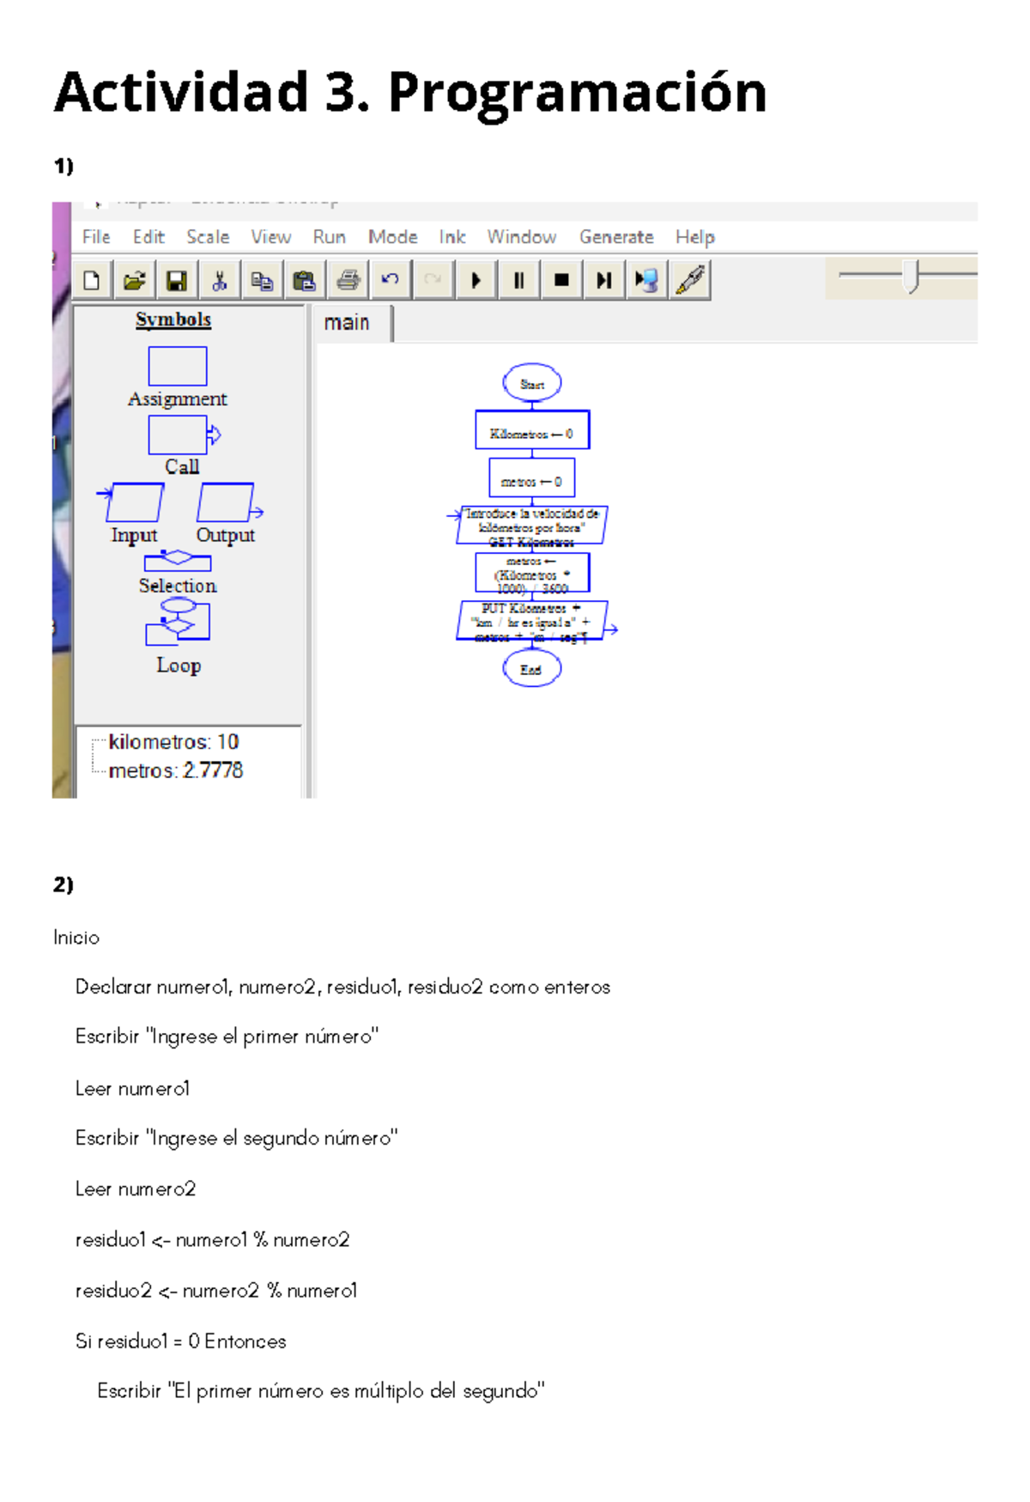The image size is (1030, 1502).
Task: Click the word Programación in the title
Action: pos(577,93)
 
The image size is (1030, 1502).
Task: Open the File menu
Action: pos(96,237)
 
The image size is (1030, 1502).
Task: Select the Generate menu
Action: pos(616,237)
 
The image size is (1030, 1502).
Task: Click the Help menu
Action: pos(694,237)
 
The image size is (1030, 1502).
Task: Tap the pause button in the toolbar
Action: pos(518,280)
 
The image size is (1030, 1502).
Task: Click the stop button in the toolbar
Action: pos(561,280)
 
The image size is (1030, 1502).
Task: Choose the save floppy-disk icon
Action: pos(177,280)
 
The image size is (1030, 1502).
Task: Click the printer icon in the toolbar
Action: pos(348,280)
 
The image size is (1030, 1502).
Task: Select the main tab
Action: pos(347,323)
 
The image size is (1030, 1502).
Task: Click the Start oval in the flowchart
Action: pos(532,383)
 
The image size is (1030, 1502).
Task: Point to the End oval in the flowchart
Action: pos(532,669)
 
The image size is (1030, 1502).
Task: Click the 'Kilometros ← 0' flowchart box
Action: pos(532,430)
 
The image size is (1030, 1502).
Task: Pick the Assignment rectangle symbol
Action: pos(178,367)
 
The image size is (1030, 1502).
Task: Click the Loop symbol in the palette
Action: pos(179,622)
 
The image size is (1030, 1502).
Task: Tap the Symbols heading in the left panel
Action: pos(173,319)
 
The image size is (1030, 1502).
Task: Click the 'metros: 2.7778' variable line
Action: pos(176,770)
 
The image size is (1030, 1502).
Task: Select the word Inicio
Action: pos(76,938)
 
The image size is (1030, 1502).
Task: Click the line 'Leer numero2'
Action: pos(136,1189)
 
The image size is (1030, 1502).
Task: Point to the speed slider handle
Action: pos(912,277)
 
